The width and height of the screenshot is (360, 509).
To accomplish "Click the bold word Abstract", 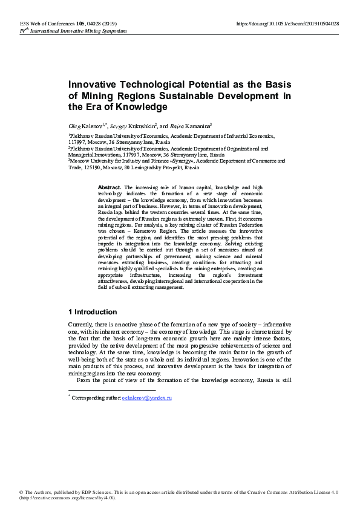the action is pos(110,188).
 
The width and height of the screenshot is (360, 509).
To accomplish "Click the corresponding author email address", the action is pos(147,398).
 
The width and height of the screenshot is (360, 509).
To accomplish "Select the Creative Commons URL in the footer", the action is pos(67,498).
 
